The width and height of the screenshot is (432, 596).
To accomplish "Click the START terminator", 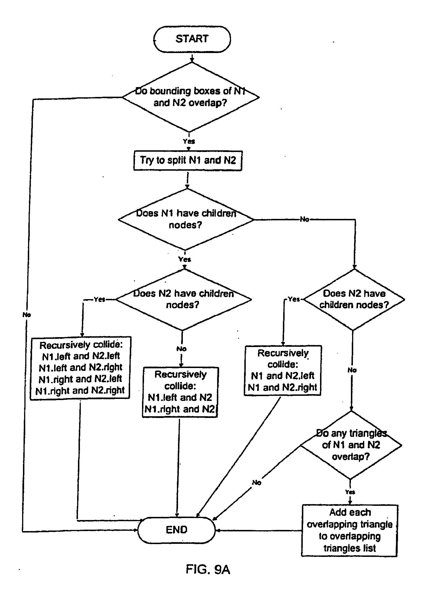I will pos(192,39).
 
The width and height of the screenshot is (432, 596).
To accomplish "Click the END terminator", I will pos(177,530).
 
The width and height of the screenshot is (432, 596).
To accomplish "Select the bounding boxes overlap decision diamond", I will pos(190,97).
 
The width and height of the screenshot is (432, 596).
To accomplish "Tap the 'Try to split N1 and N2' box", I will pos(188,160).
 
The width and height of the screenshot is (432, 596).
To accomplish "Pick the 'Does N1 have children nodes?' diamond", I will pos(186,219).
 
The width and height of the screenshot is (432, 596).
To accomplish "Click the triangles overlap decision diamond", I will pos(351,445).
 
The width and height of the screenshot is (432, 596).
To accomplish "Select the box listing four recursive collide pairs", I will pos(80,368).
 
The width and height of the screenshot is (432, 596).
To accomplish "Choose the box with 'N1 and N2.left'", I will pos(282,370).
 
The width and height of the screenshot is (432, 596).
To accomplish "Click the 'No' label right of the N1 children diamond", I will pos(304,219).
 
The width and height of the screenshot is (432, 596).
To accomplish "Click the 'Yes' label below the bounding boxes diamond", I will pos(189,141).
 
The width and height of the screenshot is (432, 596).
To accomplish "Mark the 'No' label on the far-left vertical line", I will pos(27,314).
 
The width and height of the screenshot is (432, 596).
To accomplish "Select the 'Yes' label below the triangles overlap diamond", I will pos(350,492).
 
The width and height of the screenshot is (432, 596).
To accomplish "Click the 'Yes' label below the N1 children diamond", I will pos(185,259).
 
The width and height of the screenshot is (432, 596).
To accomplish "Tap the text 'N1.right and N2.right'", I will pos(80,391).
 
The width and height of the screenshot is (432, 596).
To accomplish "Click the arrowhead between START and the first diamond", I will pos(192,60).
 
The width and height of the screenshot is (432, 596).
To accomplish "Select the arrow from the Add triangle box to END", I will pos(258,530).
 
